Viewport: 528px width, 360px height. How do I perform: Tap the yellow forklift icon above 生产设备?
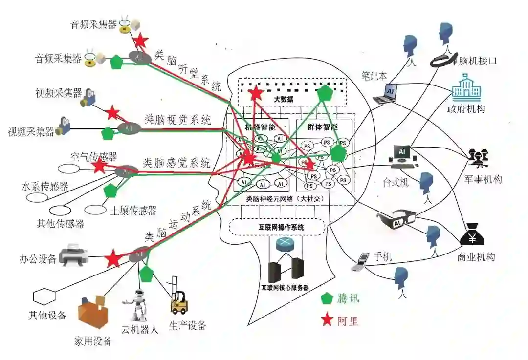(x=178, y=299)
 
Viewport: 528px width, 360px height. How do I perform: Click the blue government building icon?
(x=466, y=88)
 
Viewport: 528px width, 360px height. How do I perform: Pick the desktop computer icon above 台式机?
(x=402, y=155)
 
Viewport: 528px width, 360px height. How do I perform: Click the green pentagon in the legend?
(x=327, y=298)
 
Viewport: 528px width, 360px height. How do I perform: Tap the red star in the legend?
(x=327, y=320)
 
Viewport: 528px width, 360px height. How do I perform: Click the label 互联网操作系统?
(x=277, y=227)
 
